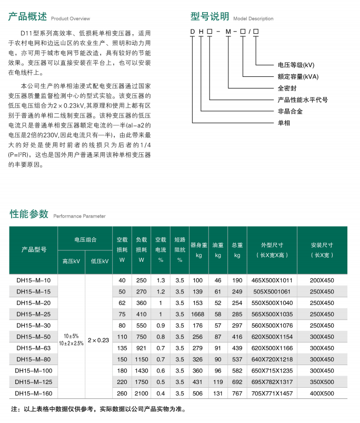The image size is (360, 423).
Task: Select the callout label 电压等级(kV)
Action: click(296, 65)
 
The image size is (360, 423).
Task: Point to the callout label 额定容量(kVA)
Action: click(298, 76)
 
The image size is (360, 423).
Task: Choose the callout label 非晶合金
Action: click(290, 111)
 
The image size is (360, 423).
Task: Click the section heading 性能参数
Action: click(29, 214)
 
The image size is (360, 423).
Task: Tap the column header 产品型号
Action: click(34, 250)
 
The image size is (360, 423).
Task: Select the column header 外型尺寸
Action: click(272, 245)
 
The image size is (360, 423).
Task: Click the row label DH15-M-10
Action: click(34, 280)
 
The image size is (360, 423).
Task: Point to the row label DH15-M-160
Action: click(34, 392)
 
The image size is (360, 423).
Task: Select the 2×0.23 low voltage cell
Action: click(99, 340)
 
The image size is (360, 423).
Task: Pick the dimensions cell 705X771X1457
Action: click(272, 392)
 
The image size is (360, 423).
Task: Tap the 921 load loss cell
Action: click(141, 348)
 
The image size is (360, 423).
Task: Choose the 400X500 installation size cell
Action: click(322, 392)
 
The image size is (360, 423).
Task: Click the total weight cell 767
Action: click(237, 392)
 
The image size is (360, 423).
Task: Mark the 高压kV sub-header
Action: click(71, 261)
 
